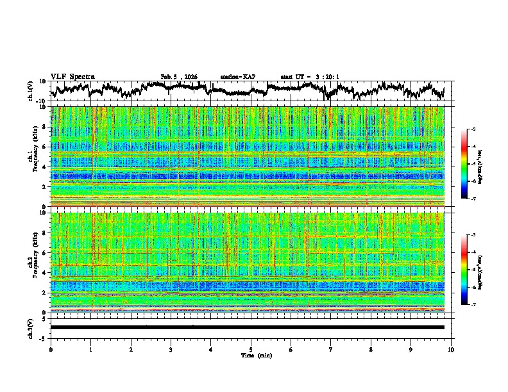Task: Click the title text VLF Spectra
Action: point(72,76)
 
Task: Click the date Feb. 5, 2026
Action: point(179,77)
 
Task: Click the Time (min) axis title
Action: point(251,355)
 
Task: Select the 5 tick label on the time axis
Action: point(251,349)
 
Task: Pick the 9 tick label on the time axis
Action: point(411,349)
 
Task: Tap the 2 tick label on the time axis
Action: point(131,349)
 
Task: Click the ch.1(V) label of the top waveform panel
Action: point(31,91)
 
